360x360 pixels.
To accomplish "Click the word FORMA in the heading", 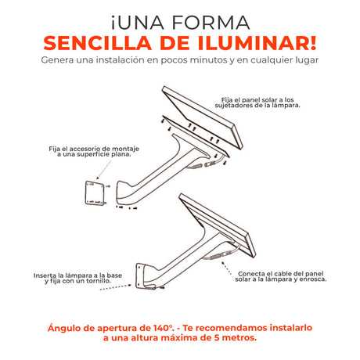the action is click(x=211, y=23).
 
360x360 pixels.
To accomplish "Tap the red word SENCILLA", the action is click(x=98, y=43).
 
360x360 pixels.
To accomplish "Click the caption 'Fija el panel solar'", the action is click(x=257, y=103).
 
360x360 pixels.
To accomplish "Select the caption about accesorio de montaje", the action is click(x=94, y=152).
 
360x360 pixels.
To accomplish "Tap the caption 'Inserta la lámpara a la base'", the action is click(x=77, y=278).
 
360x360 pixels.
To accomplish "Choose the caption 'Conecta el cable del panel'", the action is click(x=281, y=276).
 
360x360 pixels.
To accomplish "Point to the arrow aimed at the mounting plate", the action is click(x=104, y=170).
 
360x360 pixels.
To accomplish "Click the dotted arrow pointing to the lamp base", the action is click(x=116, y=287).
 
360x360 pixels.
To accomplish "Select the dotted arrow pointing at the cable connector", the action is click(x=226, y=268).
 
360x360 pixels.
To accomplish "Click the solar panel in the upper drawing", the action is click(x=203, y=117).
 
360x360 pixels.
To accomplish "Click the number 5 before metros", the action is click(x=217, y=338).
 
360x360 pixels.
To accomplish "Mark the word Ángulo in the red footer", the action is click(x=64, y=329).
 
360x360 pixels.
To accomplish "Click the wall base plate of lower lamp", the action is click(x=140, y=275).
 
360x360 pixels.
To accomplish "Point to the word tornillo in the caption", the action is click(x=98, y=281).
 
